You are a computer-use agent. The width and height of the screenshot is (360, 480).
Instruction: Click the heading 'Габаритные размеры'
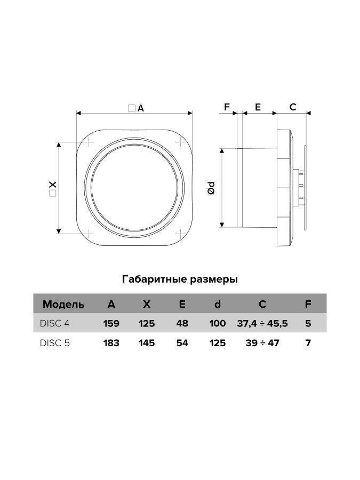tap(180, 279)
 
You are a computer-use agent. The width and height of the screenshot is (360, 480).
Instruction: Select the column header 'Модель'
tap(63, 305)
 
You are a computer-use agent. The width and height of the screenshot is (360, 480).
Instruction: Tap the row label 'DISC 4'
tap(55, 323)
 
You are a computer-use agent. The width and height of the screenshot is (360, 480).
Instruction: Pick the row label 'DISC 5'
tap(55, 343)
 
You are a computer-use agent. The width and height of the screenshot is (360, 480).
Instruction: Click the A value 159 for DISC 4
tap(111, 323)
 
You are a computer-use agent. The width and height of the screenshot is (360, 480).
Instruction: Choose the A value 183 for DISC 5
tap(111, 343)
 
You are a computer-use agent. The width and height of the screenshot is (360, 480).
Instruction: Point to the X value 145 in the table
tap(146, 343)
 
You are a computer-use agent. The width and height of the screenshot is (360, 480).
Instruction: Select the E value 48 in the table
tap(182, 323)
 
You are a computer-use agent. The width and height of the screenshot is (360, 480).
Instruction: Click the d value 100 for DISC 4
tap(218, 323)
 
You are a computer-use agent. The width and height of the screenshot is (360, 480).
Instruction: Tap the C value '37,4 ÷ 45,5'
tap(262, 323)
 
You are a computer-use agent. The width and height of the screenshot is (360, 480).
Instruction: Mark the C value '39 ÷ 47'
tap(262, 343)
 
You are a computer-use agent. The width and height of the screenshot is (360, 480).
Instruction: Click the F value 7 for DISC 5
tap(308, 343)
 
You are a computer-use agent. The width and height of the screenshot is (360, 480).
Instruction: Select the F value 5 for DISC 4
tap(308, 323)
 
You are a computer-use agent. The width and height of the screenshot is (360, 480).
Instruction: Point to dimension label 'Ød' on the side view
tap(212, 187)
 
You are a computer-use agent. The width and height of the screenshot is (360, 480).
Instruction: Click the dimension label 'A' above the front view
tap(140, 108)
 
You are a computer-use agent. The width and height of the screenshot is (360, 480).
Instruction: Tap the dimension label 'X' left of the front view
tap(52, 187)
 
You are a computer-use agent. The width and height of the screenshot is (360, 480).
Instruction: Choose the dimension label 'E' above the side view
tap(258, 107)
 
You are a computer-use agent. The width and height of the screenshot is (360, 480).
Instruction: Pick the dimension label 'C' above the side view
tap(292, 107)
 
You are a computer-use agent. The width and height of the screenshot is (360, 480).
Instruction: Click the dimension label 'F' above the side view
tap(226, 107)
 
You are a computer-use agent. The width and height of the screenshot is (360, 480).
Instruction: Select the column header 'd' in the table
tap(218, 305)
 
